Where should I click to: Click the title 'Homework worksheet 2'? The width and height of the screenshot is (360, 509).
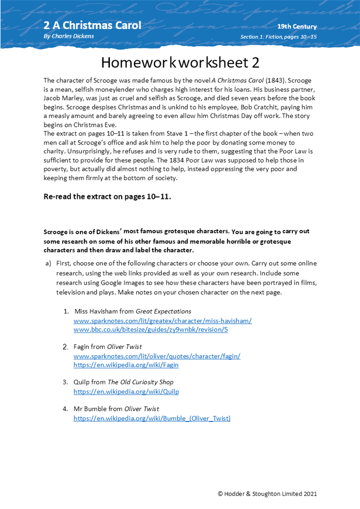(x=180, y=63)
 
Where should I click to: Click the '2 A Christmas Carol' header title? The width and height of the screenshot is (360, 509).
(x=92, y=25)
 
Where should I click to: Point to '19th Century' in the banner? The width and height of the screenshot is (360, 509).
(x=297, y=26)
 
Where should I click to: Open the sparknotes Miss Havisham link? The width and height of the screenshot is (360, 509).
(x=162, y=321)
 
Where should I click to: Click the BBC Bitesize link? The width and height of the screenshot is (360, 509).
(x=151, y=329)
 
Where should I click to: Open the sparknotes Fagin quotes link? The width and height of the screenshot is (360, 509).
(x=157, y=356)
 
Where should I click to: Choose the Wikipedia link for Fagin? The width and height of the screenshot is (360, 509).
(x=126, y=365)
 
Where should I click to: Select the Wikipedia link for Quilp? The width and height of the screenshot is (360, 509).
(x=126, y=391)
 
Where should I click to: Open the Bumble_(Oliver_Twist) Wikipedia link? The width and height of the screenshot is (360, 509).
(x=152, y=418)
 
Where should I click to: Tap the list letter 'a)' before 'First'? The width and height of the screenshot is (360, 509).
(x=49, y=263)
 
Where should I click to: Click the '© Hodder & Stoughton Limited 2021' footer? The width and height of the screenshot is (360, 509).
(x=267, y=493)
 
